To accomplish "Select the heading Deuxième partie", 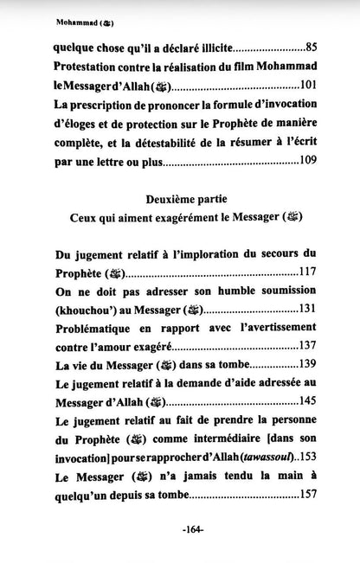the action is click(x=178, y=198).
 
